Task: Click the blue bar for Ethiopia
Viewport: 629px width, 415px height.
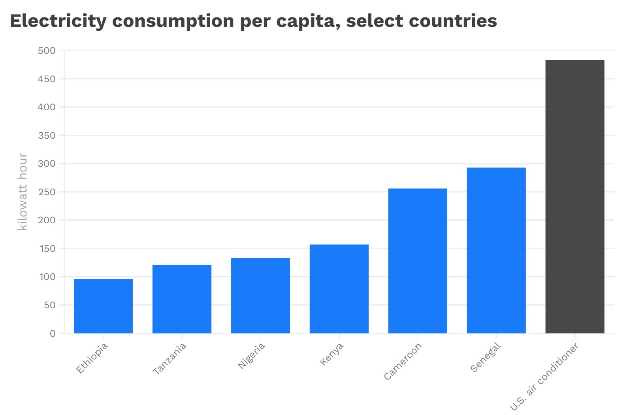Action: [x=103, y=306]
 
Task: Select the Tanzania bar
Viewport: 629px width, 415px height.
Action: [x=182, y=299]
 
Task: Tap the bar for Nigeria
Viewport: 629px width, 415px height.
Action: [x=260, y=296]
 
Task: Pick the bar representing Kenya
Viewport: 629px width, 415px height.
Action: [x=339, y=289]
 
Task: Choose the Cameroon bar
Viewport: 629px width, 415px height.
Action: [x=418, y=261]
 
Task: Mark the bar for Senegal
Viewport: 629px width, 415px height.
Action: [x=496, y=251]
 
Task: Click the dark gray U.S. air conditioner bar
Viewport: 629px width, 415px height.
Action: [x=575, y=197]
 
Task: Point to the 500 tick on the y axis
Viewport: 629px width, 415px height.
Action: [x=47, y=51]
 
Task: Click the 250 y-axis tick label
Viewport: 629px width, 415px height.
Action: [x=47, y=192]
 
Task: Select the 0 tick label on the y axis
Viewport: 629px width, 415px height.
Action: [x=53, y=334]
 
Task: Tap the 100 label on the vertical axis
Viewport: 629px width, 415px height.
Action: [x=47, y=277]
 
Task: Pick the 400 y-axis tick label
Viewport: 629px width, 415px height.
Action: [x=47, y=107]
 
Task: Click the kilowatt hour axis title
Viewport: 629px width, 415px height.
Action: [x=23, y=192]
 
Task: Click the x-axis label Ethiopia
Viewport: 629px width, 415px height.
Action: [x=92, y=358]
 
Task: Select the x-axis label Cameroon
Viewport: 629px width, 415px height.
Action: [x=403, y=361]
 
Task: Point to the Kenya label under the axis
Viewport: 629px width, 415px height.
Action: [x=331, y=354]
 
